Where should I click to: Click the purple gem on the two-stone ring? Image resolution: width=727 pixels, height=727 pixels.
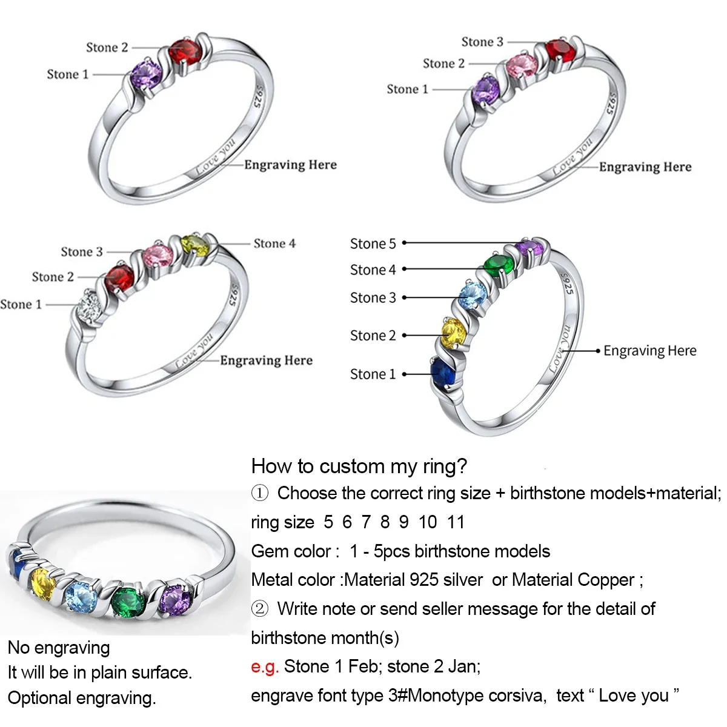[147, 74]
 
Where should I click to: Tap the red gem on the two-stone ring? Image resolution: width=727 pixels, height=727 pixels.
[184, 53]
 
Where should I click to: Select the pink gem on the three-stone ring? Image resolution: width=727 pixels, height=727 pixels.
[522, 65]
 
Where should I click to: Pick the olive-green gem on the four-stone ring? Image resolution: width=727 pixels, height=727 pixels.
[195, 245]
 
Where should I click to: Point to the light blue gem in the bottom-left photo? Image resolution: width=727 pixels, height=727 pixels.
[81, 596]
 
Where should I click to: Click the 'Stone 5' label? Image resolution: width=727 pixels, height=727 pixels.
[373, 244]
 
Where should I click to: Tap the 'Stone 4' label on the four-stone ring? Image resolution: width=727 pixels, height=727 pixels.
[274, 244]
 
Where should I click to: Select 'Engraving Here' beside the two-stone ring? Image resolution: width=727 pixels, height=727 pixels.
[290, 165]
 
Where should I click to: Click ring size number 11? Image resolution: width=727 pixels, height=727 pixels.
[456, 522]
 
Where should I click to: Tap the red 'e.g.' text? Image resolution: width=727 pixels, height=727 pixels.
[265, 666]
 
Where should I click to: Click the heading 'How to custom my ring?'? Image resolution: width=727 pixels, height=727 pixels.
[359, 466]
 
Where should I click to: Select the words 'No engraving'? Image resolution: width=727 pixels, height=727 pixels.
[59, 648]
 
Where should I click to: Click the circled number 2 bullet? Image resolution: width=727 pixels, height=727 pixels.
[259, 609]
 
